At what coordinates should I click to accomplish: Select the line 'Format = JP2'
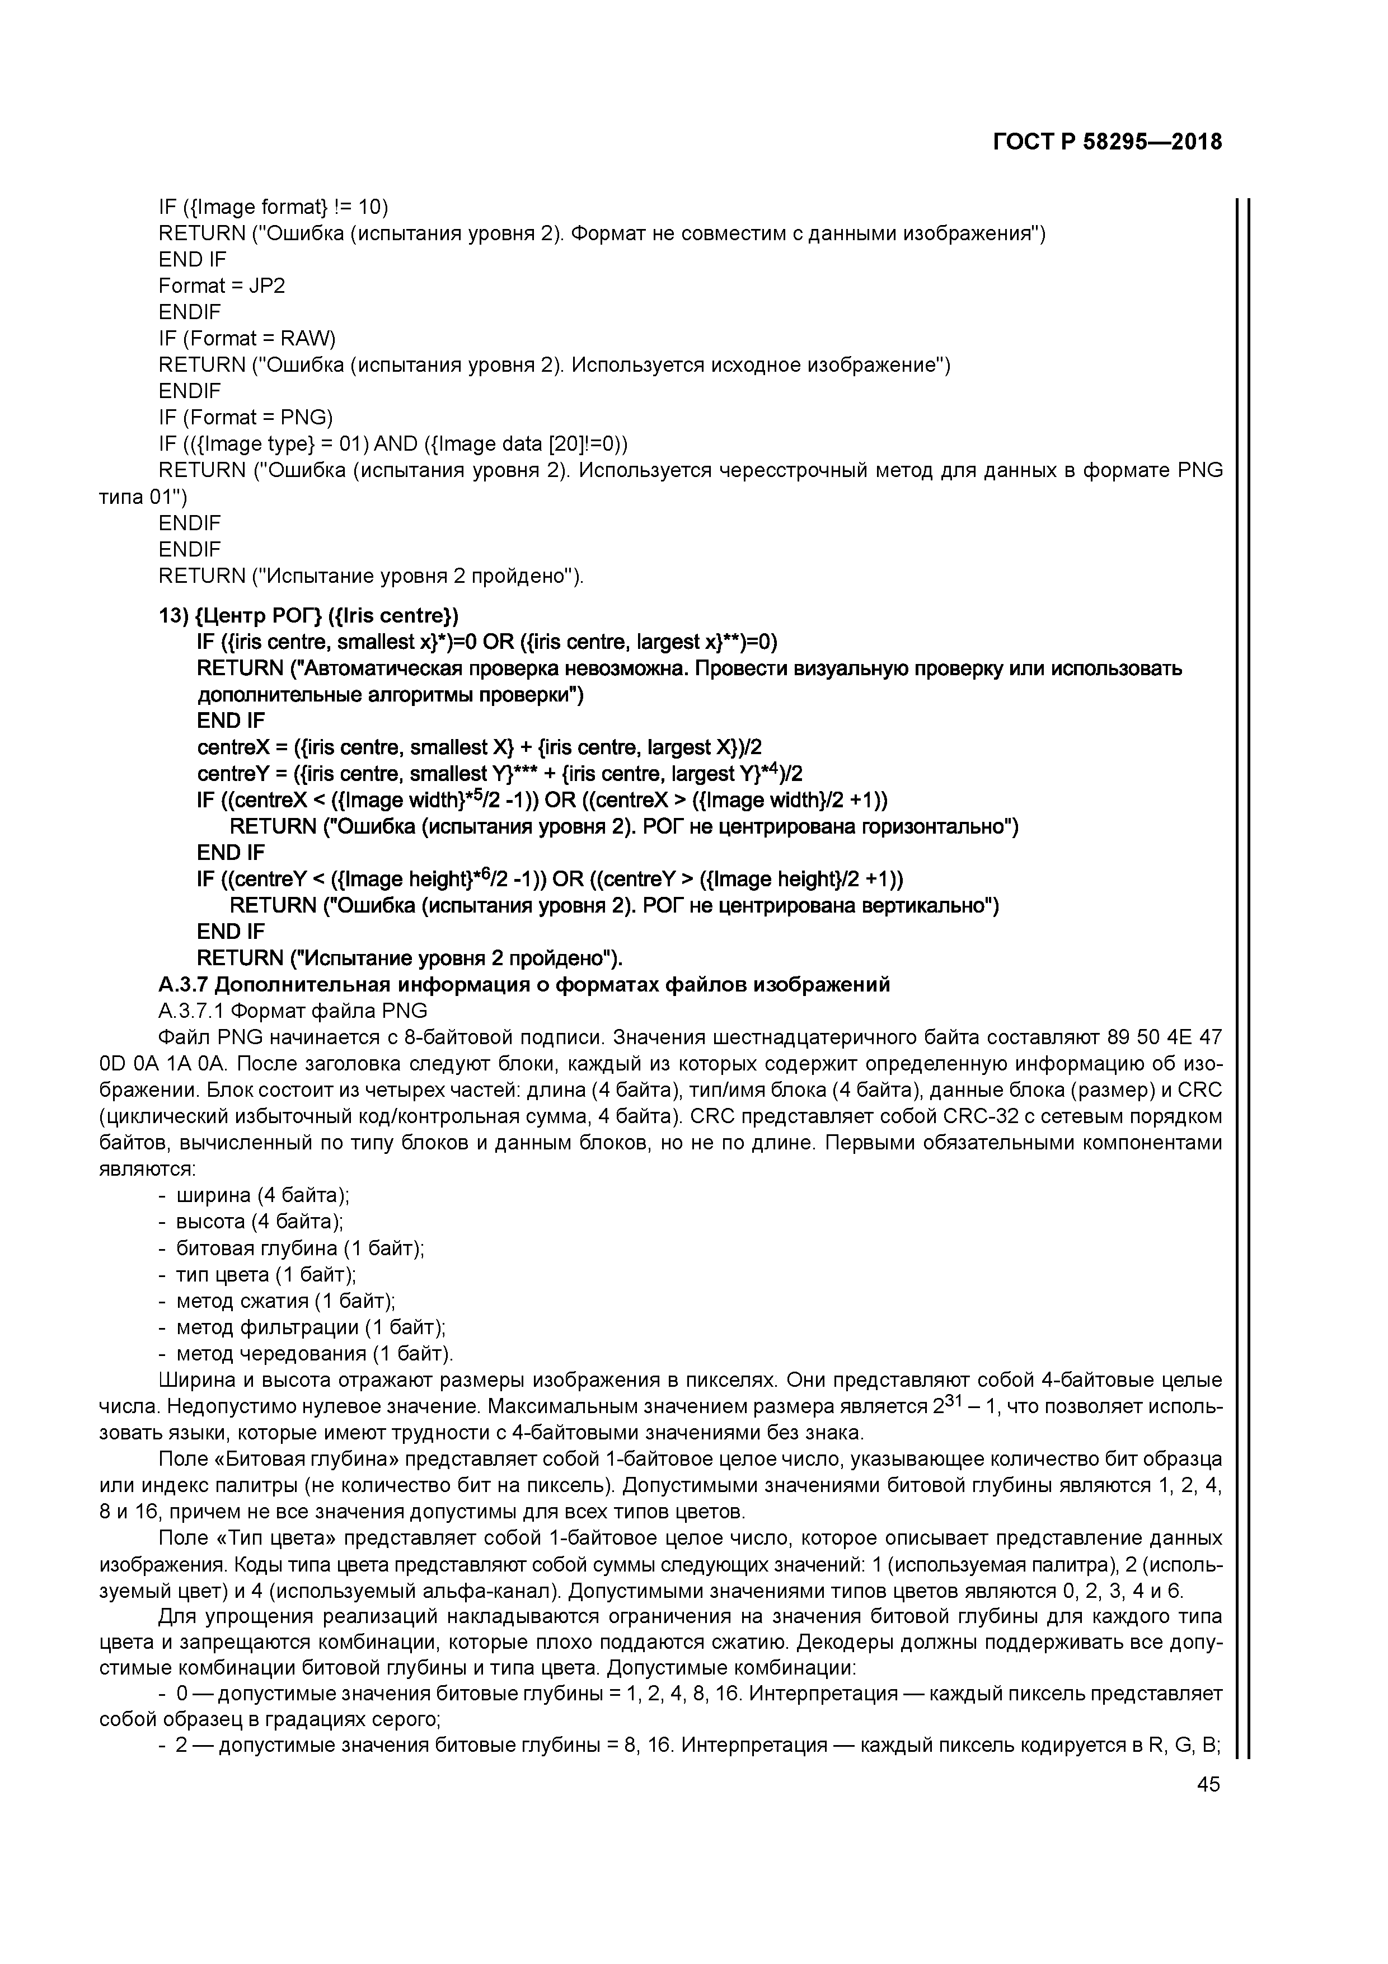coord(222,286)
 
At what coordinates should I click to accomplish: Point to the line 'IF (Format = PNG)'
coord(246,418)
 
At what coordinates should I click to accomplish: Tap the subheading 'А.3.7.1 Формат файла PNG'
coord(293,1011)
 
